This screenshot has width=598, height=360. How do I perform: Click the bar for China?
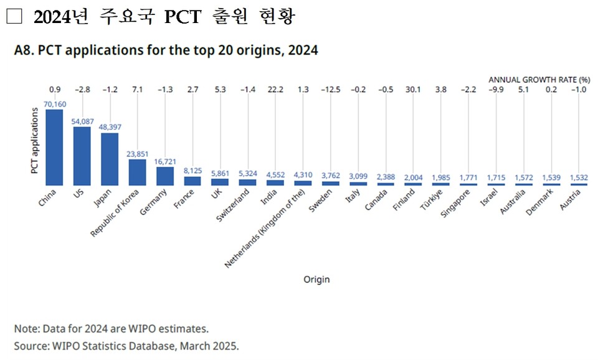(x=55, y=147)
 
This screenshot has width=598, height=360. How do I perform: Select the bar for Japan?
(x=110, y=159)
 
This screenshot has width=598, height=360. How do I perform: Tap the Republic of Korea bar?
(x=137, y=172)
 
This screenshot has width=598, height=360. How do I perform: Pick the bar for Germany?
(x=165, y=176)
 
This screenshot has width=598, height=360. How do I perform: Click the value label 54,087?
(x=82, y=121)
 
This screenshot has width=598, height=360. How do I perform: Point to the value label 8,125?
(x=192, y=170)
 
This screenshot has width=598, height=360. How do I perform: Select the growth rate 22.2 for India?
(x=275, y=90)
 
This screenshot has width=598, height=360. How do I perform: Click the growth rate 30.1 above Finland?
(x=412, y=90)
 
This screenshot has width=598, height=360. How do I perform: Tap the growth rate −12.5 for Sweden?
(x=330, y=90)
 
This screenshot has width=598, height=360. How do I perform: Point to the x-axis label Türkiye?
(x=431, y=200)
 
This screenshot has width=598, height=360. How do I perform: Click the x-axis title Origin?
(x=316, y=280)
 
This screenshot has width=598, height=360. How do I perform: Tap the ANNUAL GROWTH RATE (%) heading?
(x=538, y=80)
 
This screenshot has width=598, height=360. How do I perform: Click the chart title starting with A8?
(x=166, y=51)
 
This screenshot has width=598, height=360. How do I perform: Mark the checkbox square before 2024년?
(x=14, y=17)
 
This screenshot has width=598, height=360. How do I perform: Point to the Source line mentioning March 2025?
(x=126, y=346)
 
